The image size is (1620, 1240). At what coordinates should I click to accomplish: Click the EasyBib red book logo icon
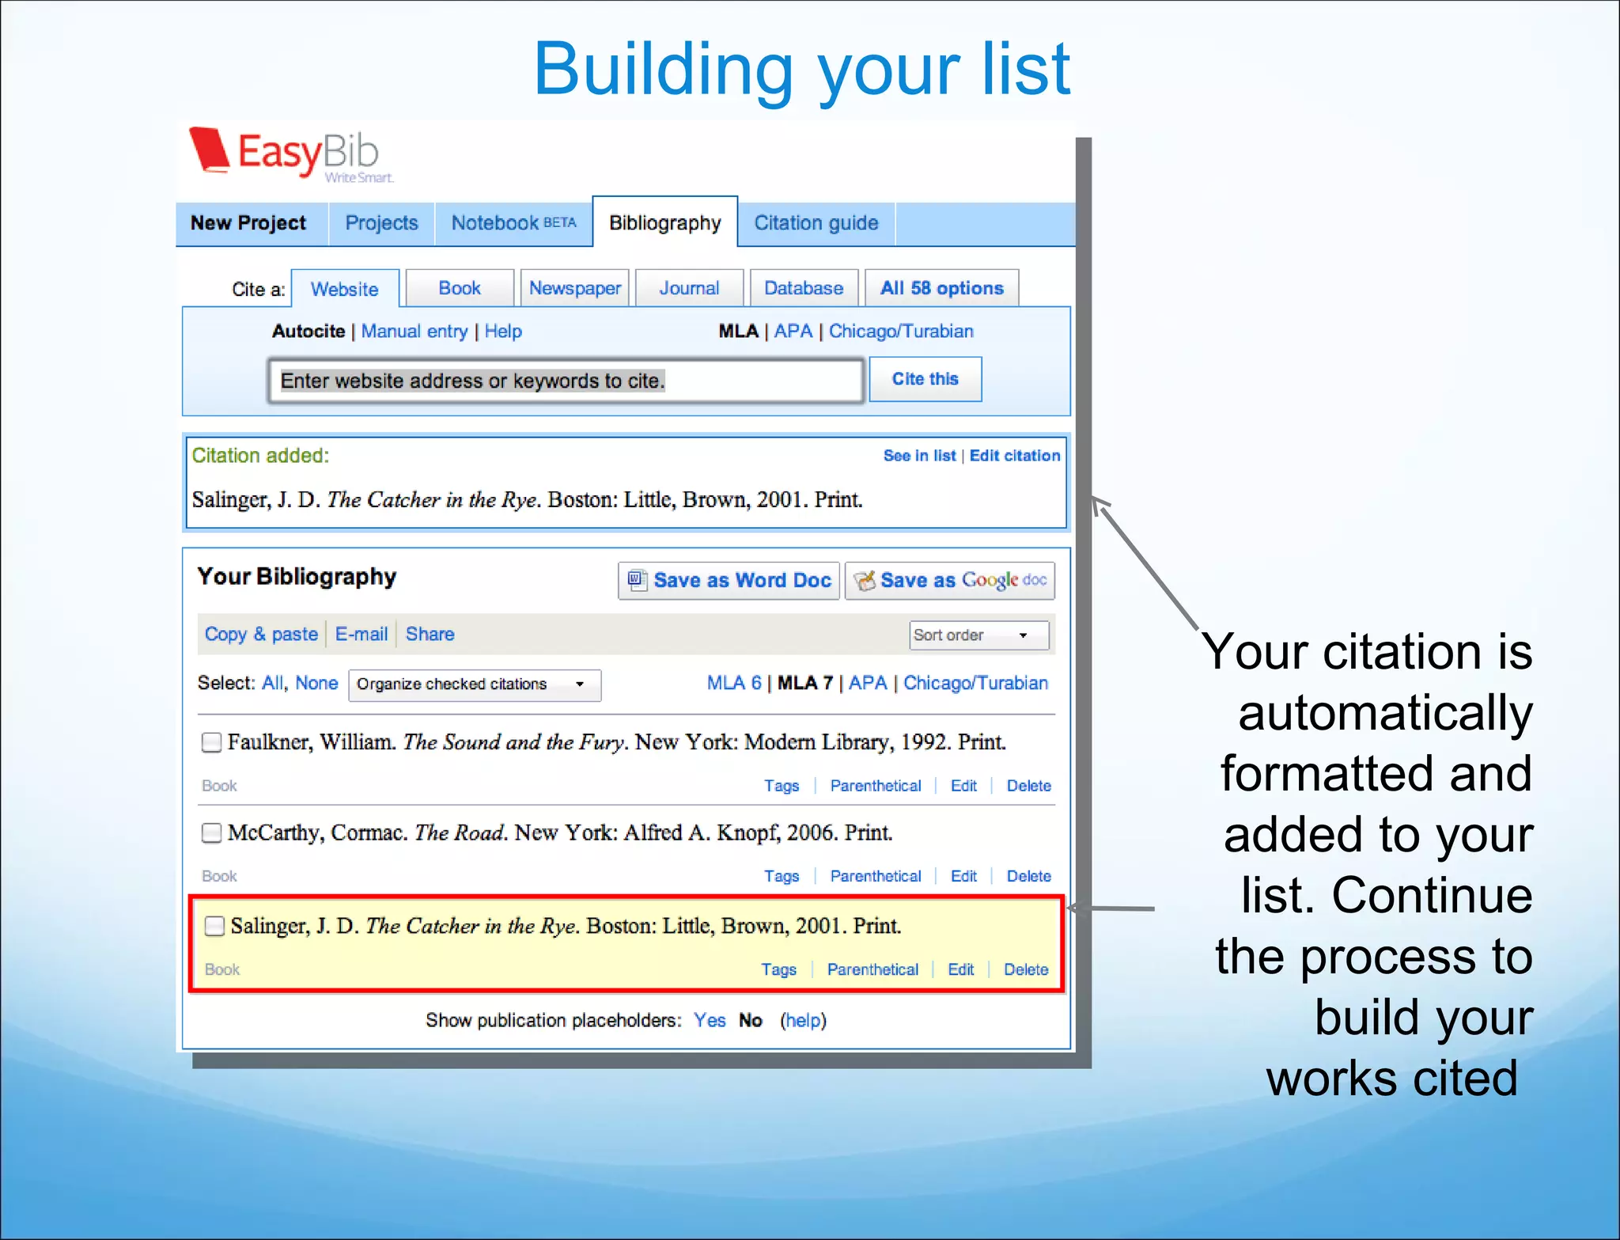point(210,150)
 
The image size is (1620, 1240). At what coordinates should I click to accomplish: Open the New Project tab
point(248,223)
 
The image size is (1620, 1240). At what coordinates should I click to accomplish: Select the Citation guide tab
point(816,223)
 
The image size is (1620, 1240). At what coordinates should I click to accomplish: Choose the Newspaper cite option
point(575,289)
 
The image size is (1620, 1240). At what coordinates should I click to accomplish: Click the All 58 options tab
point(941,289)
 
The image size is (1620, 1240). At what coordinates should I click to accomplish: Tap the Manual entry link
point(414,332)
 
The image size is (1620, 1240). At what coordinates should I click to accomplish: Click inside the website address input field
point(565,381)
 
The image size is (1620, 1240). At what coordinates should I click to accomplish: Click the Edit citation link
point(1014,456)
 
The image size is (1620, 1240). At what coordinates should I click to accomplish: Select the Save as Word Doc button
point(729,581)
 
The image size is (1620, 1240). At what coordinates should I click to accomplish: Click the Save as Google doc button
point(950,581)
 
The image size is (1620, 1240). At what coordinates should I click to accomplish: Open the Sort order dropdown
point(979,635)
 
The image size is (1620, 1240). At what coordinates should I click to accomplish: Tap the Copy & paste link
point(261,635)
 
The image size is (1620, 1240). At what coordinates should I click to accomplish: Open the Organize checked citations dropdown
point(475,684)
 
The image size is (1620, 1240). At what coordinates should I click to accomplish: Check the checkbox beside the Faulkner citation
point(211,742)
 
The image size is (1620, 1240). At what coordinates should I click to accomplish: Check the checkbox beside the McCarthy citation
point(211,833)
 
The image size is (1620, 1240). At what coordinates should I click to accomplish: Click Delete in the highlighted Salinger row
point(1026,970)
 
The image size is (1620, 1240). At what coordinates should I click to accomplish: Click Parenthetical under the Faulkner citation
point(876,787)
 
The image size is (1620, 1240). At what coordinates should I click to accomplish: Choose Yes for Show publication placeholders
point(710,1021)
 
